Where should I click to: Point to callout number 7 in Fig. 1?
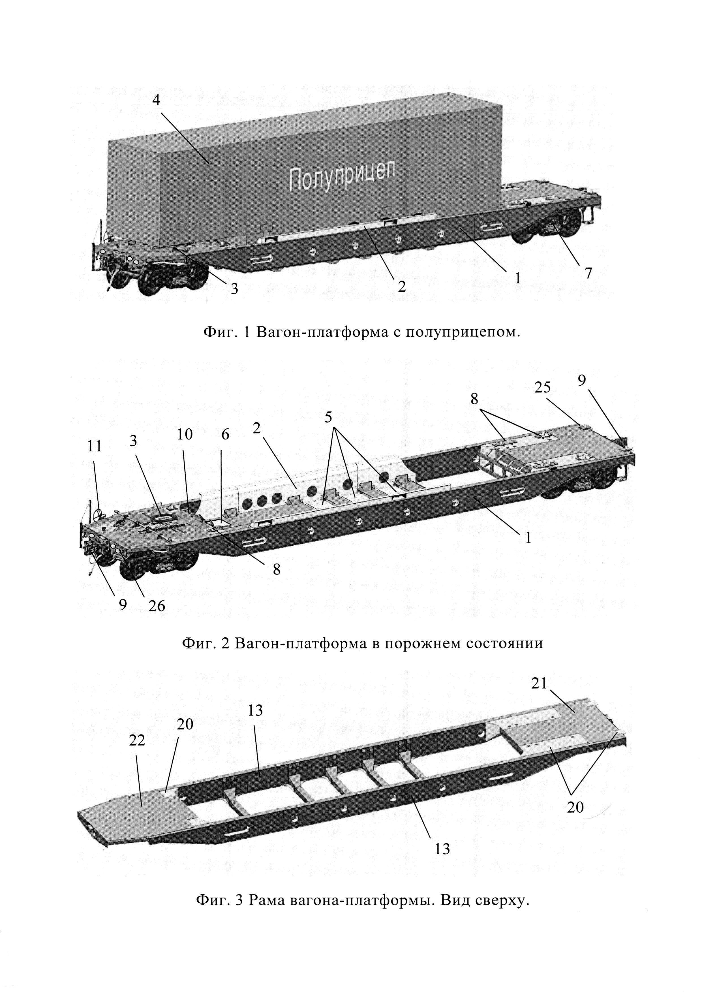click(588, 273)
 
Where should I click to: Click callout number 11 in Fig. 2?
click(95, 446)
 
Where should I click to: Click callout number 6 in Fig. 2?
click(225, 435)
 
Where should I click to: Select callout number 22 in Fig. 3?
click(137, 741)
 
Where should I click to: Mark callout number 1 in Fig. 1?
click(517, 278)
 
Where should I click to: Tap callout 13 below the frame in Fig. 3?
click(442, 849)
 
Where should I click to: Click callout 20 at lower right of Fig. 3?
click(575, 807)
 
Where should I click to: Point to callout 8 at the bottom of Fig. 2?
click(276, 569)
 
